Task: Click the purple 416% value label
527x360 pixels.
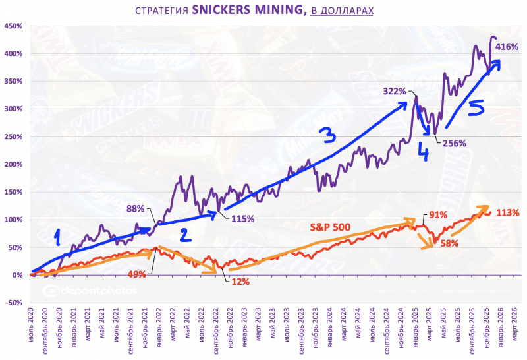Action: pos(505,46)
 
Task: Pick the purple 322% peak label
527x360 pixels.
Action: pos(394,91)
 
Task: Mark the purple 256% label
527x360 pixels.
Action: pos(454,143)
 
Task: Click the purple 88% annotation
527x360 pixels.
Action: pos(136,209)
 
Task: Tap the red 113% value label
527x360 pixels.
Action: pos(508,212)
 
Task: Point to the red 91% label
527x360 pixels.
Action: pos(439,215)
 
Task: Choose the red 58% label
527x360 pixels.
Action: pos(449,243)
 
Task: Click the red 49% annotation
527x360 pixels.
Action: pos(136,274)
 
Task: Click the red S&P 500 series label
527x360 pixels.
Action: pos(331,227)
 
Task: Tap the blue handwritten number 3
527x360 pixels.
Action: pos(327,136)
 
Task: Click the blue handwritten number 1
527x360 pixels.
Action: pos(58,235)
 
